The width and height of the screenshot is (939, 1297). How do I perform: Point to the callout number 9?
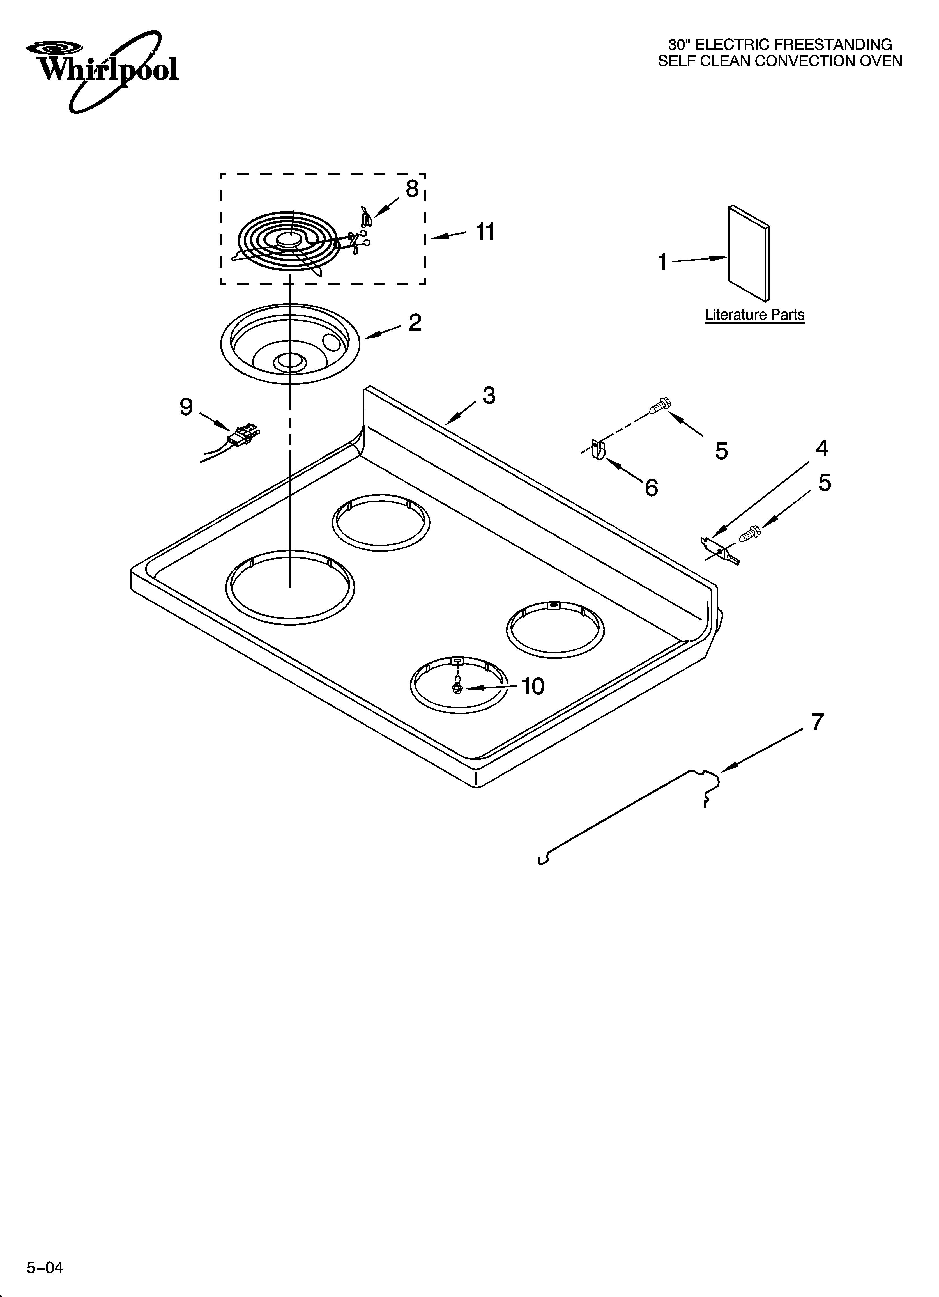point(187,407)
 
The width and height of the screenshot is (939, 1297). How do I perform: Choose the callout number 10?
point(533,686)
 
